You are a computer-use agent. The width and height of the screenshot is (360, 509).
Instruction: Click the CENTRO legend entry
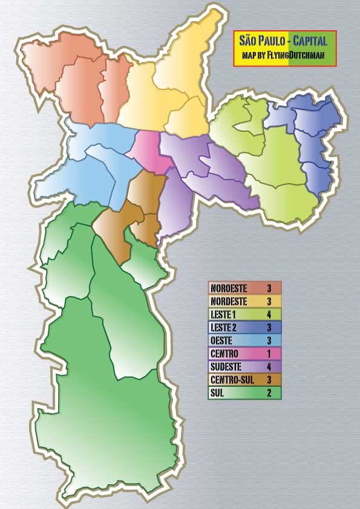coord(224,353)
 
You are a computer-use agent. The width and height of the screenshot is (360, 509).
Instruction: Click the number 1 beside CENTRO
coord(269,353)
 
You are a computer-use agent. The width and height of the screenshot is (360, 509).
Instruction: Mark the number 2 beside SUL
coord(269,393)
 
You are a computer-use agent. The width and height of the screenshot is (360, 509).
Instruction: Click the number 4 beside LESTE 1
coord(269,314)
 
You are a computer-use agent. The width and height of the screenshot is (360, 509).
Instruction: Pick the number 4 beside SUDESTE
coord(269,366)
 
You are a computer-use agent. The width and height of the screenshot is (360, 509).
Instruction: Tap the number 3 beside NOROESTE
coord(269,288)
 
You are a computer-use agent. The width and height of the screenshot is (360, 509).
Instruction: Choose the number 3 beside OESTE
coord(269,340)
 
